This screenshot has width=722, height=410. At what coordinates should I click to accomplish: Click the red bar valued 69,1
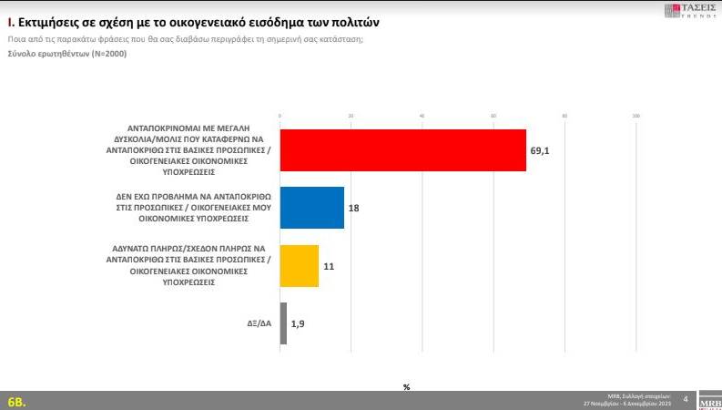point(402,150)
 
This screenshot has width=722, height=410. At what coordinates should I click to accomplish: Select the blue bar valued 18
point(311,208)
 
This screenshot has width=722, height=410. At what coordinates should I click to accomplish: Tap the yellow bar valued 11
point(300,266)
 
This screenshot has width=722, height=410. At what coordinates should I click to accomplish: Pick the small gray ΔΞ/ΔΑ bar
point(283,323)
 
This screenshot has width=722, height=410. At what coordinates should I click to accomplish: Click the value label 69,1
point(540,150)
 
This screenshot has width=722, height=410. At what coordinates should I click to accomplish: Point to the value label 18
point(354,208)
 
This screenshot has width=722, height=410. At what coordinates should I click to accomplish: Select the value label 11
point(329,266)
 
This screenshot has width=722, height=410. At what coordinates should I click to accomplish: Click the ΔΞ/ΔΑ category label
point(259,323)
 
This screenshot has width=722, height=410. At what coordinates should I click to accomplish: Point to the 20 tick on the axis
point(351,116)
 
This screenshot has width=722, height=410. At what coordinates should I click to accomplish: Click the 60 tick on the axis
point(493,116)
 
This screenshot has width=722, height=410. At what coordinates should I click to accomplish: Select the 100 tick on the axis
point(636,116)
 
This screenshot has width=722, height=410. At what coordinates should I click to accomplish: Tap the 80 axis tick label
point(564,116)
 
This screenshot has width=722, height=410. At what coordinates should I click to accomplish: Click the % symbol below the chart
point(406,387)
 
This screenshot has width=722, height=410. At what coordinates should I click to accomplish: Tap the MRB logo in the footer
point(708,401)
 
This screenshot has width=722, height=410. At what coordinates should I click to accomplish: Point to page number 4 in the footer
point(684,398)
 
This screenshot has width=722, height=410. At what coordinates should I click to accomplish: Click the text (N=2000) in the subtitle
point(107,53)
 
